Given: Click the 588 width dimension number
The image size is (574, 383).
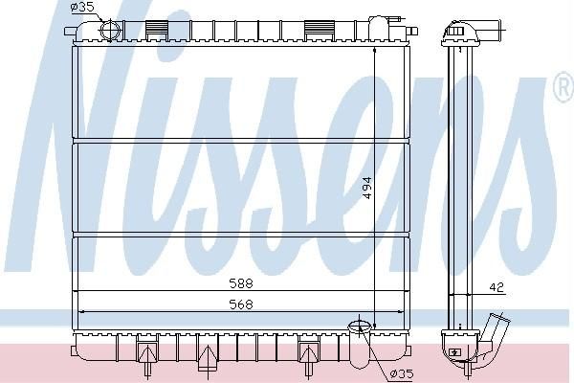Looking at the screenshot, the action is tap(241, 283).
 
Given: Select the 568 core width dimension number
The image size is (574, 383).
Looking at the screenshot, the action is tap(241, 304).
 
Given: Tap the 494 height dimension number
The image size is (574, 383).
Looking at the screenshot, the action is tap(367, 188).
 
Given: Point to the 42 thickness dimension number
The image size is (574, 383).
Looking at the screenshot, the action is tap(497, 287).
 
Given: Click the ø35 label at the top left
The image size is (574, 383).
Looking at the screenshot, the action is tap(82, 7).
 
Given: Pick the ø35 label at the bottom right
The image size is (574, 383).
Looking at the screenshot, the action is tap(402, 373).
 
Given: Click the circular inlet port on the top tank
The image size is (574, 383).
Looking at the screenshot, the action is tap(111, 30).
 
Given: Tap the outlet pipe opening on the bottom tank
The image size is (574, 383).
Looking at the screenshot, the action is tap(359, 326).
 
